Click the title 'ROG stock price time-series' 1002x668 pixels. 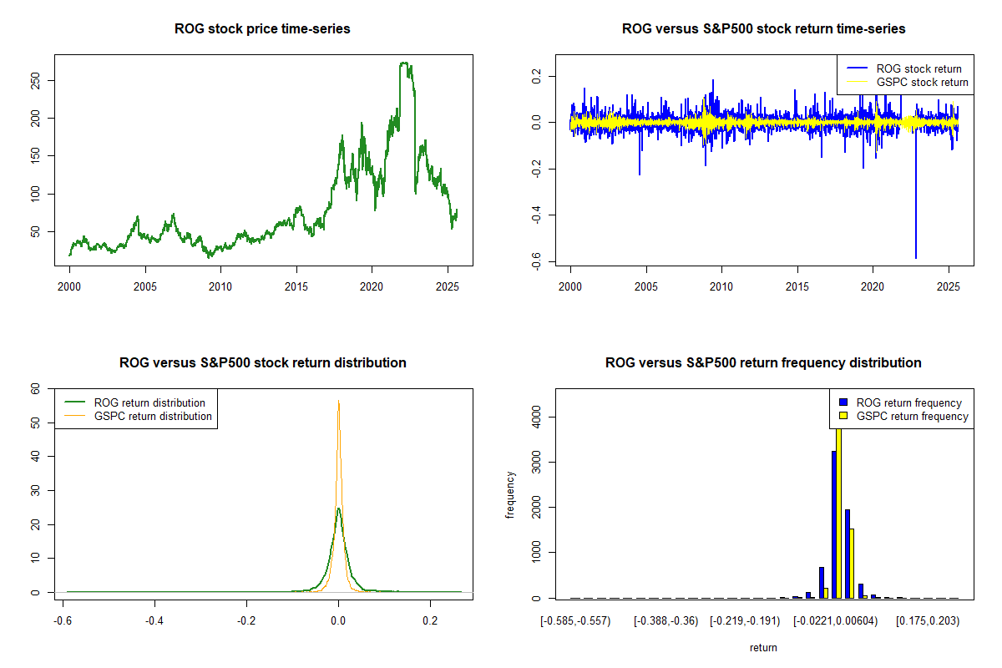click(x=262, y=29)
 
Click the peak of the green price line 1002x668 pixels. click(x=404, y=63)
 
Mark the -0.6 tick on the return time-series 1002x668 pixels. click(x=537, y=263)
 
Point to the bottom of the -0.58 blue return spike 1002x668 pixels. click(x=915, y=258)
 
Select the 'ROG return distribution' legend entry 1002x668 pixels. click(x=149, y=402)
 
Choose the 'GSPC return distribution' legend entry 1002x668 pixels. click(x=153, y=416)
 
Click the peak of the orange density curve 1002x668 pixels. click(x=338, y=402)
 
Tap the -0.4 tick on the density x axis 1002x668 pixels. click(x=154, y=621)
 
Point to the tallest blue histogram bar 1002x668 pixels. click(x=833, y=524)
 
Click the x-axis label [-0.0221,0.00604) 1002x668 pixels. click(x=835, y=621)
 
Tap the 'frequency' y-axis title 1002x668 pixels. click(x=510, y=493)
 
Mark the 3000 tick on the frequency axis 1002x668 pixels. click(x=537, y=462)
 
